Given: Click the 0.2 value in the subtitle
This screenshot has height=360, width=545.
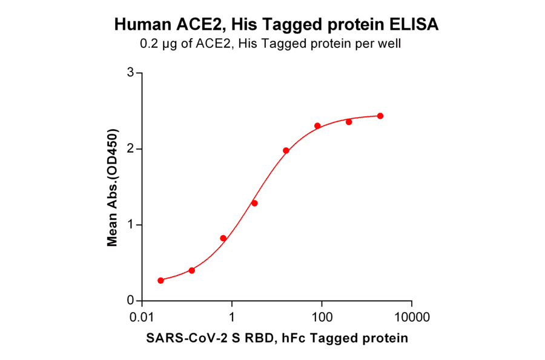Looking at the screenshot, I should [x=150, y=44].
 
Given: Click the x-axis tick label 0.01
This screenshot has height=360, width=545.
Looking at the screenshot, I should [x=142, y=317].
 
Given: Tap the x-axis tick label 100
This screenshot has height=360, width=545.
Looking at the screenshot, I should [x=322, y=317].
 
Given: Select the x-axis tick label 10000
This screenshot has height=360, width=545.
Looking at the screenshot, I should [x=412, y=317].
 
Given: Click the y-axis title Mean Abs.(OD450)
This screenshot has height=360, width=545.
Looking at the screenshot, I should [x=112, y=187].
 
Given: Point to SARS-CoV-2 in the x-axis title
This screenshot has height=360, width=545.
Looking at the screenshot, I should [x=178, y=338].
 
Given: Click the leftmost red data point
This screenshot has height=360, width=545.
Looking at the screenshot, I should [x=160, y=281].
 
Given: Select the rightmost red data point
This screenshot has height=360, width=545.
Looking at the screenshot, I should [x=380, y=116].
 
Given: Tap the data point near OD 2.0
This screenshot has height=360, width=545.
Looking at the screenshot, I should [x=286, y=150].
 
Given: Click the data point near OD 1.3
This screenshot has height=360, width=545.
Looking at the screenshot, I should [x=254, y=203].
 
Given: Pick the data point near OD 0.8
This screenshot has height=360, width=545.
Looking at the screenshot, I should [x=223, y=238].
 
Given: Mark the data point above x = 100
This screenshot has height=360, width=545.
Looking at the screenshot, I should [x=317, y=126].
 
